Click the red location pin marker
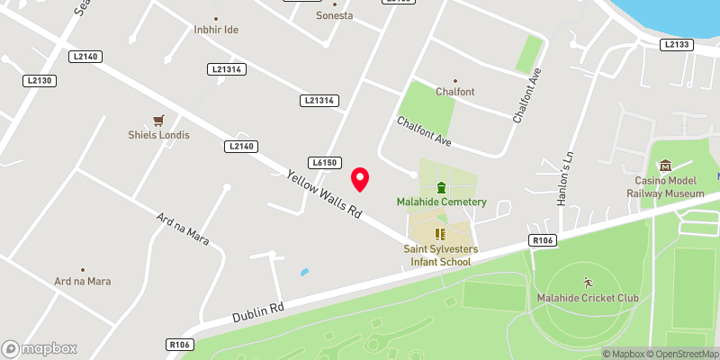360,179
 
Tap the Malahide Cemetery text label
441,202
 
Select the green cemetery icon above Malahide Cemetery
441,187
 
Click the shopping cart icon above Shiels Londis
158,121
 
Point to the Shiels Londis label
158,135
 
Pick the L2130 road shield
40,81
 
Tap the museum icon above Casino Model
665,166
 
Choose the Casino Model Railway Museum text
665,186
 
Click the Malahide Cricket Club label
587,298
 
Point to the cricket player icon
588,282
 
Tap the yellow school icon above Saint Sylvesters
440,234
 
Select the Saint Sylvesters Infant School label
440,256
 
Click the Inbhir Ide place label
215,30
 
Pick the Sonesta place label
335,16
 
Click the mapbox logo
40,348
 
